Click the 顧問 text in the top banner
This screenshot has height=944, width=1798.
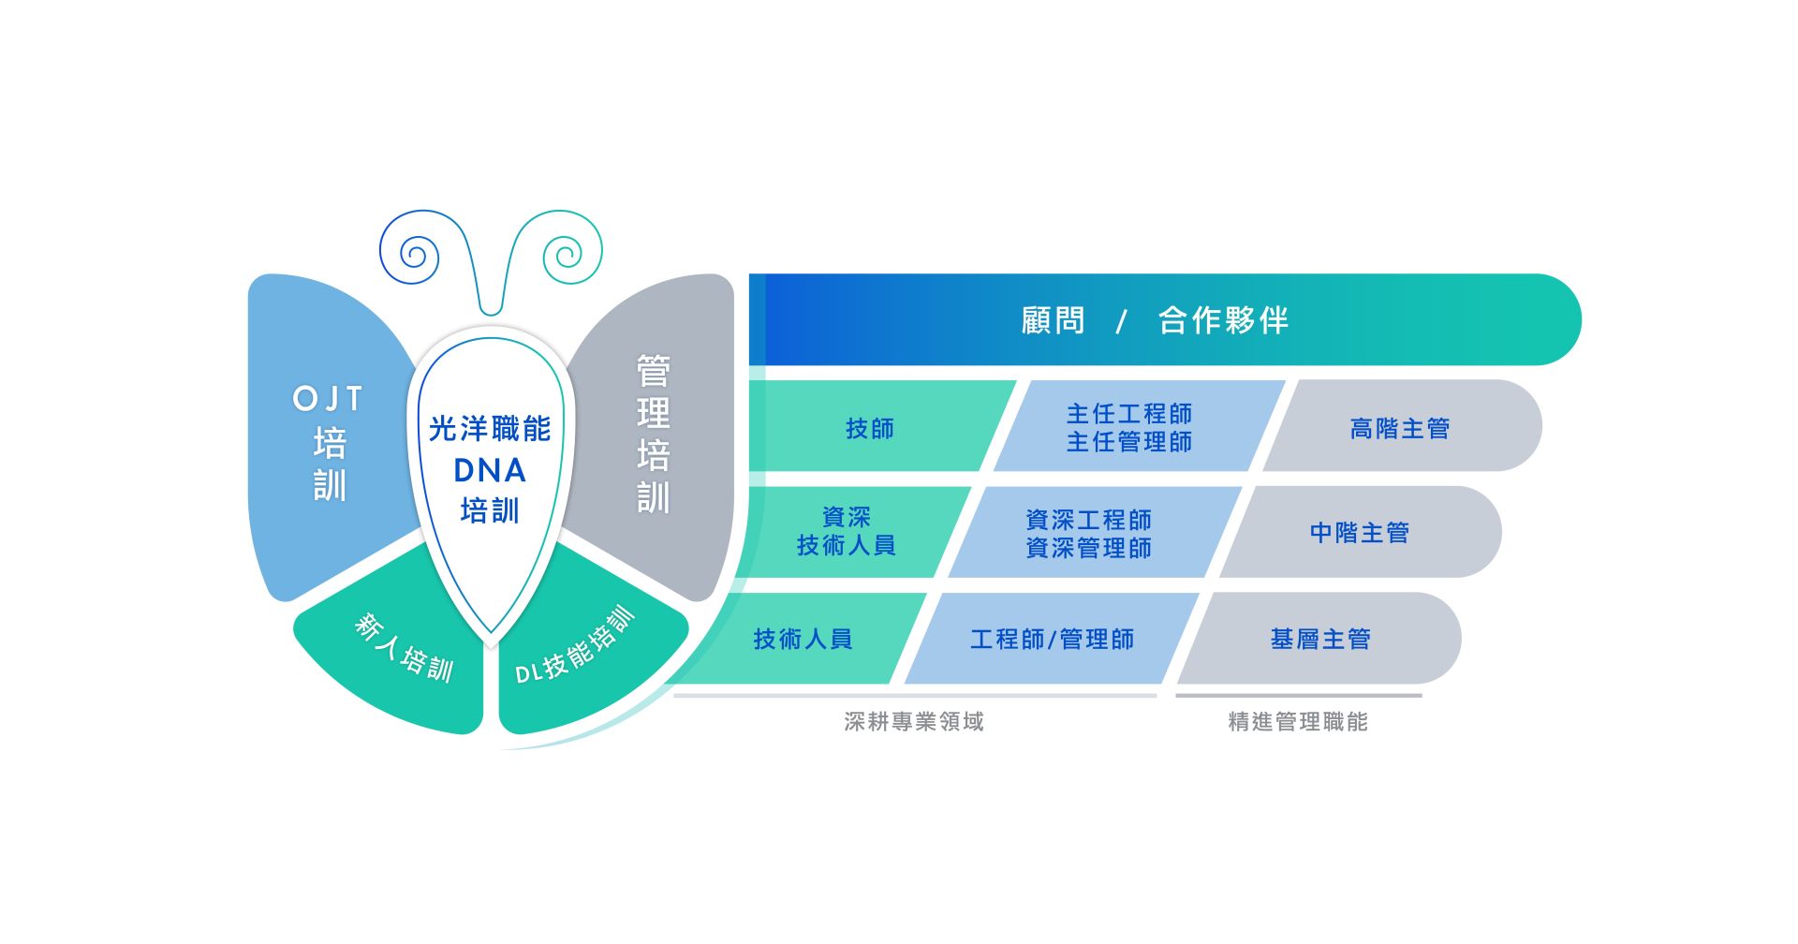click(1053, 320)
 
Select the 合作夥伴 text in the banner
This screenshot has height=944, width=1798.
click(1223, 320)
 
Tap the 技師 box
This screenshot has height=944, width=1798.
click(870, 428)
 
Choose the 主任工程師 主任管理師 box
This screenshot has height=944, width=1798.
click(1129, 427)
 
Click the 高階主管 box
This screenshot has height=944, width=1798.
click(1399, 428)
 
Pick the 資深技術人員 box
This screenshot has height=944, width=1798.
click(847, 531)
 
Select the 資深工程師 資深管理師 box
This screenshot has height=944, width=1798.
click(1088, 533)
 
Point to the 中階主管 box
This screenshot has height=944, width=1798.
click(1359, 533)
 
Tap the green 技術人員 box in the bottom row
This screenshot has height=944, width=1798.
click(803, 639)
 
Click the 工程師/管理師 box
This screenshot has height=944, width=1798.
click(1052, 639)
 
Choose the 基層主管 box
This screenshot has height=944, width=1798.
click(1319, 639)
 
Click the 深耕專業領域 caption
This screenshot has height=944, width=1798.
click(914, 721)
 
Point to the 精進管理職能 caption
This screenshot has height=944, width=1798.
click(1298, 721)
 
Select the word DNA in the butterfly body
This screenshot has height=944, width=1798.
click(490, 470)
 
